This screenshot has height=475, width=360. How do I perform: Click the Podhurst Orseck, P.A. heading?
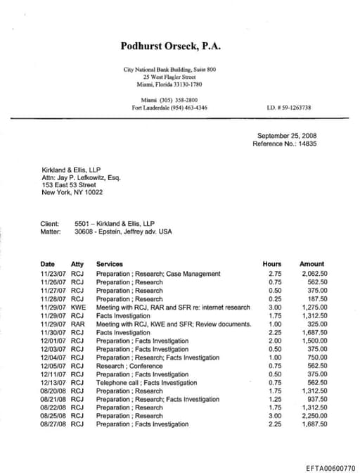[170, 46]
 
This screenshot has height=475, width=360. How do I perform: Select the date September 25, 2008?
[287, 135]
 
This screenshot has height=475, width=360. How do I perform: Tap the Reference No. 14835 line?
[285, 144]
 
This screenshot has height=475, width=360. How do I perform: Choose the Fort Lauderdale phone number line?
[169, 108]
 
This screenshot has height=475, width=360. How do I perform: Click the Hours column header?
[271, 265]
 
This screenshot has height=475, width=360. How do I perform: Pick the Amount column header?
[311, 265]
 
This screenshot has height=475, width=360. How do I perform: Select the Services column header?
[109, 265]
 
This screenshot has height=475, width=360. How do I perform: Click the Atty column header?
[77, 265]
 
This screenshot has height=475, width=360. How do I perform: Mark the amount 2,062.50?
[314, 274]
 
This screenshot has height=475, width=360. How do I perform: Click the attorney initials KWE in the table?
[78, 307]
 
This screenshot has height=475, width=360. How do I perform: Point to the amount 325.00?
[316, 324]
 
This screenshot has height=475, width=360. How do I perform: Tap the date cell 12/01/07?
[53, 341]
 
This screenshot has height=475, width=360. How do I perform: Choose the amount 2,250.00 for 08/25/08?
[314, 416]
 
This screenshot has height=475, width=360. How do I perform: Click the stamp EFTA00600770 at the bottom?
[330, 467]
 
